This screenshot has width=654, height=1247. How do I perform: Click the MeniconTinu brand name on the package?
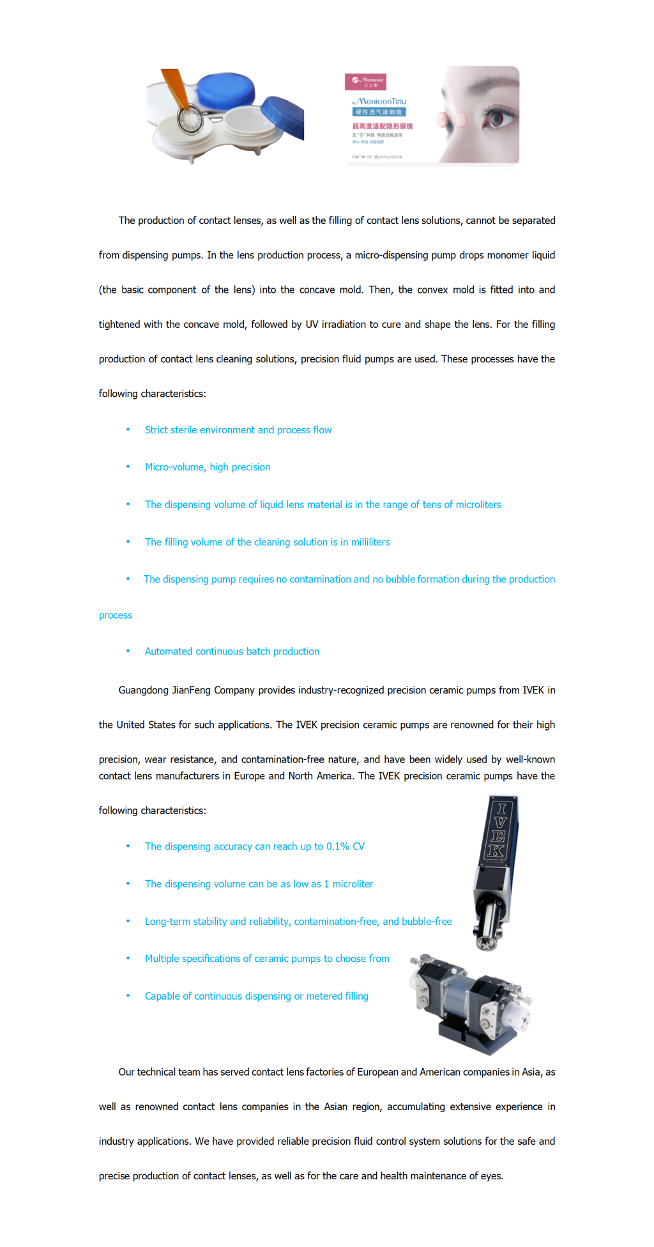pyautogui.click(x=379, y=101)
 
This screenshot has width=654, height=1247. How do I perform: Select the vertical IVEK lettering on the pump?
pyautogui.click(x=500, y=829)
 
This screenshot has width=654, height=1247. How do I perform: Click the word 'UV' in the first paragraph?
pyautogui.click(x=312, y=324)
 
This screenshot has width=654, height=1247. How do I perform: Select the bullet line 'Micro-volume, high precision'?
pyautogui.click(x=208, y=467)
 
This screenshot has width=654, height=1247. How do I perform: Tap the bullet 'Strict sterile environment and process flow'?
pyautogui.click(x=238, y=430)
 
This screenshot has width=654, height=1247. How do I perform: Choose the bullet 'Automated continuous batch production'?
pyautogui.click(x=232, y=651)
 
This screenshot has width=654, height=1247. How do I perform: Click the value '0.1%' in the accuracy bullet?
pyautogui.click(x=338, y=846)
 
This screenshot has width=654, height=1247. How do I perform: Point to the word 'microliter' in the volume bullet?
pyautogui.click(x=353, y=884)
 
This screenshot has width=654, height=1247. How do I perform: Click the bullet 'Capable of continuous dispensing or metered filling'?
pyautogui.click(x=256, y=996)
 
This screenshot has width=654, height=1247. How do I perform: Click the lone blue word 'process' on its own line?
pyautogui.click(x=116, y=615)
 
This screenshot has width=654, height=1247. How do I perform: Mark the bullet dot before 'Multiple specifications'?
pyautogui.click(x=128, y=958)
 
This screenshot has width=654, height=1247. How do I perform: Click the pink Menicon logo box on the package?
pyautogui.click(x=365, y=81)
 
